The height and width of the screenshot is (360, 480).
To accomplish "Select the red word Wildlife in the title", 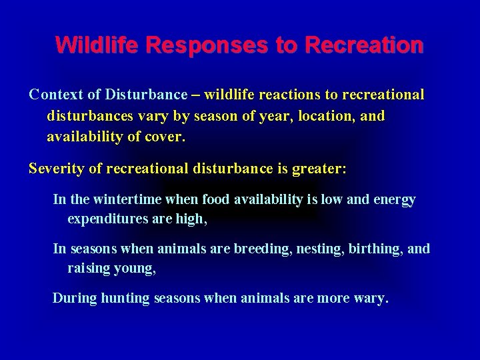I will tap(99, 45).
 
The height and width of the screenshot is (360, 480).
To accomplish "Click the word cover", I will tap(167, 137).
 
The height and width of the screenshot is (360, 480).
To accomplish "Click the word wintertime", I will tap(121, 199).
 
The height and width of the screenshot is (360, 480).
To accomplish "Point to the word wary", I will tap(372, 298).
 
